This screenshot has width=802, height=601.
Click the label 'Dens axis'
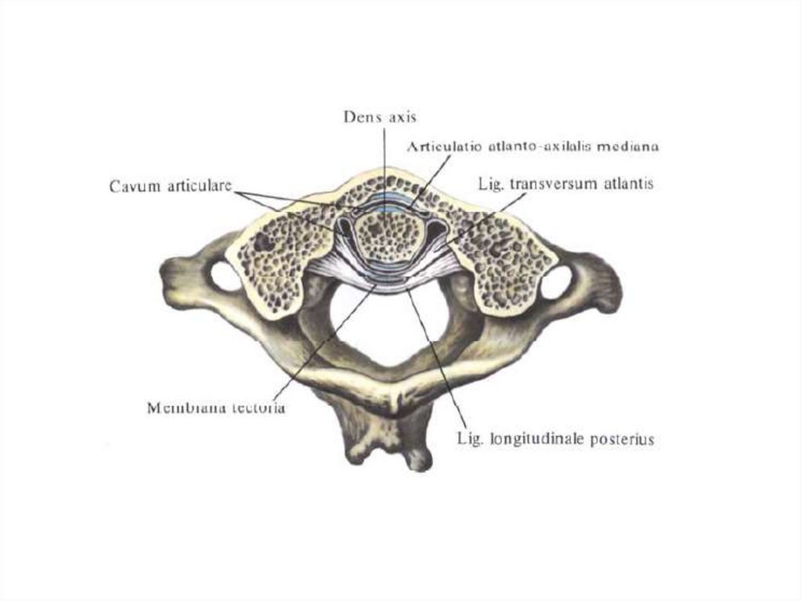[381, 118]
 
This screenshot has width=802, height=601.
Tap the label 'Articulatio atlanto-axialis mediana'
[533, 146]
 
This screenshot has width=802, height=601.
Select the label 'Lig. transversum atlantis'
[565, 185]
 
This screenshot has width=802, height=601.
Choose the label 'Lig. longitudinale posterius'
[555, 440]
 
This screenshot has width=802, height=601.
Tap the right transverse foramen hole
[556, 282]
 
